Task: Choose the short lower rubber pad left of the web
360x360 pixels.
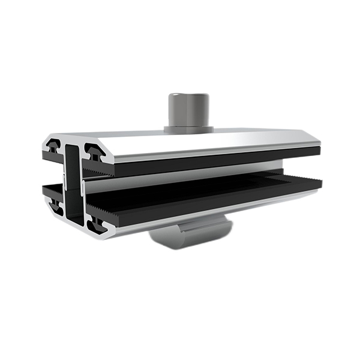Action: pyautogui.click(x=52, y=190)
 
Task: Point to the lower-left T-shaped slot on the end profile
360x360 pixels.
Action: pyautogui.click(x=55, y=206)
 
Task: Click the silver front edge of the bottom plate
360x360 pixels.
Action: pyautogui.click(x=210, y=213)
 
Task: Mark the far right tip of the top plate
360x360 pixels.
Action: pyautogui.click(x=319, y=144)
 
